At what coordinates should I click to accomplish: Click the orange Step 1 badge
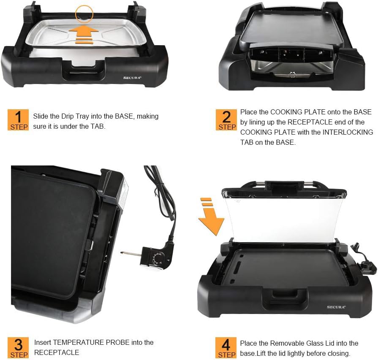tap(18, 120)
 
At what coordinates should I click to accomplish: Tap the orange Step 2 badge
tap(226, 120)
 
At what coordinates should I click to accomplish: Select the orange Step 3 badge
tap(19, 347)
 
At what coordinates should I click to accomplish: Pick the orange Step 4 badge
tap(226, 347)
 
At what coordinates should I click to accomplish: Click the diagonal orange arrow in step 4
tap(211, 217)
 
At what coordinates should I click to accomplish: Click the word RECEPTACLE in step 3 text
tap(57, 352)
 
